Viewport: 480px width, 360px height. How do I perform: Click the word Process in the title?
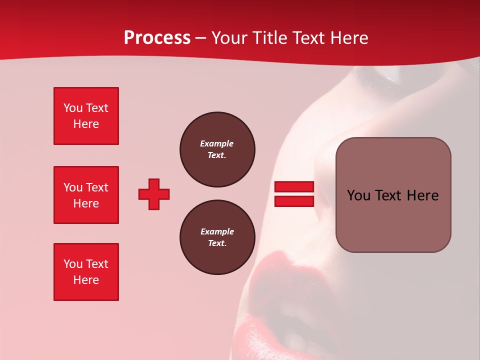(x=157, y=38)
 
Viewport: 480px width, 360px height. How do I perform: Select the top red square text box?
(x=86, y=116)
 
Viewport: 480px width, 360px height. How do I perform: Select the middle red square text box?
(x=86, y=195)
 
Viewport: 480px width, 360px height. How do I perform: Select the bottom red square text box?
(x=86, y=272)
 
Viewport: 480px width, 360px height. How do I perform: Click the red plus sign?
(x=154, y=194)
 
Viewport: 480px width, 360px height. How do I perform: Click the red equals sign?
(x=294, y=194)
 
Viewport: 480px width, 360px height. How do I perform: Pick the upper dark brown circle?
(x=217, y=149)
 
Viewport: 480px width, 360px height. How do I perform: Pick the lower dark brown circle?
(x=217, y=237)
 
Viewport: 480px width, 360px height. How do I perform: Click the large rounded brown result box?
(x=393, y=194)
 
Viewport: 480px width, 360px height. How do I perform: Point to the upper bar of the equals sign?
(x=294, y=186)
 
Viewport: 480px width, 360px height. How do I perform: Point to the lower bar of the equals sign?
(x=294, y=201)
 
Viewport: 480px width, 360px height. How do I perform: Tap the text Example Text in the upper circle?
(x=217, y=149)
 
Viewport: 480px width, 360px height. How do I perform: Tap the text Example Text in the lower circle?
(x=217, y=237)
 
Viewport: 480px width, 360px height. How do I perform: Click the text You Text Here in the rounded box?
(x=392, y=195)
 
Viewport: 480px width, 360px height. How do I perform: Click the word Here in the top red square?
(x=86, y=124)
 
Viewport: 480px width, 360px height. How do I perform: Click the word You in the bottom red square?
(x=73, y=264)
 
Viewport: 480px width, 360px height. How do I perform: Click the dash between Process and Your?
(x=201, y=38)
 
